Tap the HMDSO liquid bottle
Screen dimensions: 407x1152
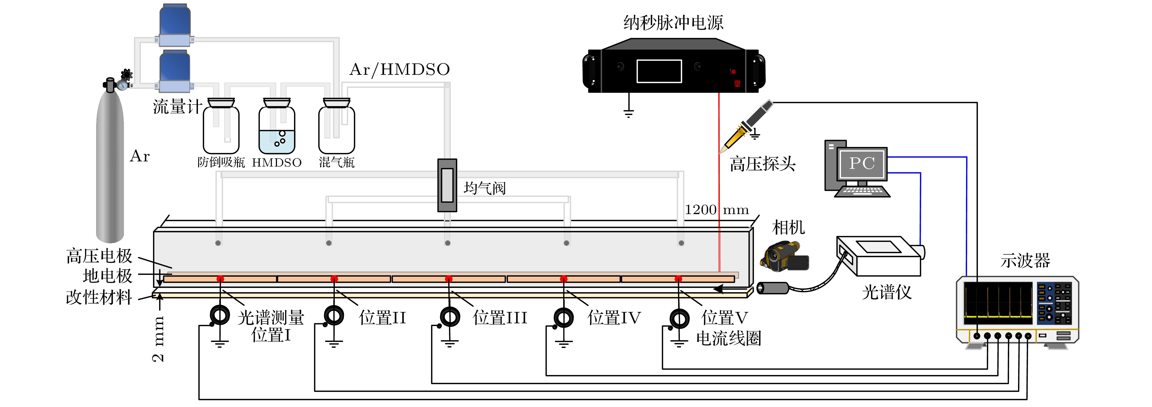[277, 130]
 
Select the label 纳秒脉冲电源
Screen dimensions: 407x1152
[673, 22]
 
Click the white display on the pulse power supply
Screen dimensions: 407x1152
[659, 71]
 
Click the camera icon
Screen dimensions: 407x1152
[785, 257]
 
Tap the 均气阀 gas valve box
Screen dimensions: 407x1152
[447, 185]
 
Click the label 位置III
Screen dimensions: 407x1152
[500, 318]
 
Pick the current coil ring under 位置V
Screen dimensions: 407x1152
[679, 318]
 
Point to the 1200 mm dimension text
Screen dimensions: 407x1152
[717, 210]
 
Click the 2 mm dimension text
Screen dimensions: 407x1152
[158, 339]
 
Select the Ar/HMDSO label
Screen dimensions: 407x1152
[399, 69]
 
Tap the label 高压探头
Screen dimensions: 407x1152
[762, 164]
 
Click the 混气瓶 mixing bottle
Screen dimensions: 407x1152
[336, 130]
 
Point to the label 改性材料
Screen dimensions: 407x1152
[99, 297]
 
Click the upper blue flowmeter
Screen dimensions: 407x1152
[175, 25]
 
